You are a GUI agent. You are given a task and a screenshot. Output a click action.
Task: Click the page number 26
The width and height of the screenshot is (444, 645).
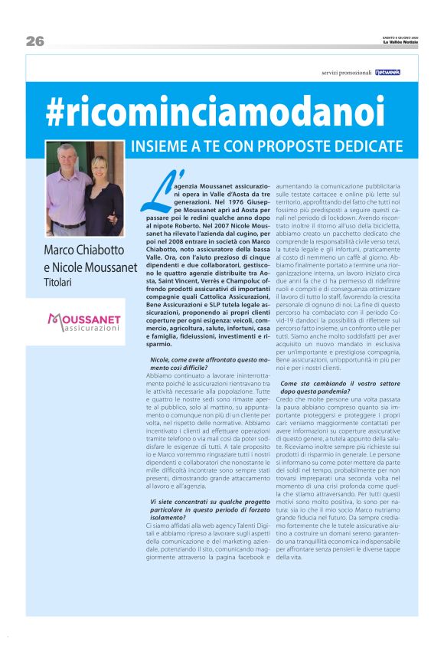pyautogui.click(x=34, y=41)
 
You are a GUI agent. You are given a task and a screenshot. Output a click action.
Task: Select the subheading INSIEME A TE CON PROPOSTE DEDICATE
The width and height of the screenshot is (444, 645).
pyautogui.click(x=266, y=146)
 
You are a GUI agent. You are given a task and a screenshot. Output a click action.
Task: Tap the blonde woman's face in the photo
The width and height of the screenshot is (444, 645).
pyautogui.click(x=100, y=169)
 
